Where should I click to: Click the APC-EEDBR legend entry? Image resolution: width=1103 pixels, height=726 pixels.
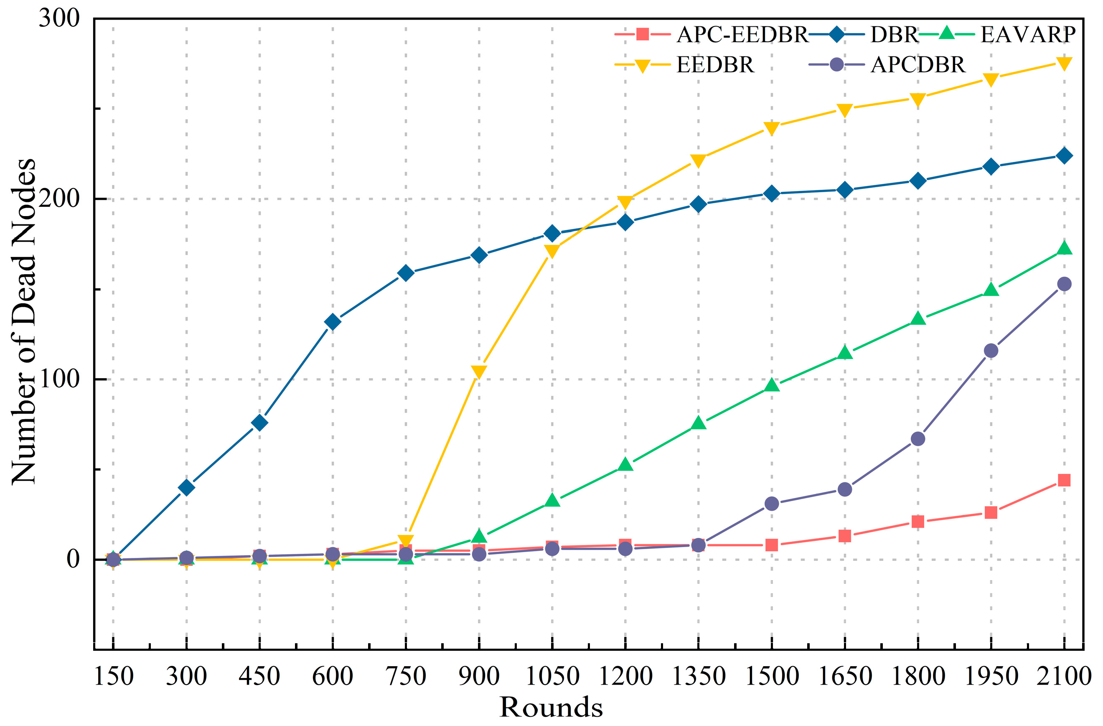[x=742, y=35]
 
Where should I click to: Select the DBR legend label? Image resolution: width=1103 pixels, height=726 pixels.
[x=894, y=35]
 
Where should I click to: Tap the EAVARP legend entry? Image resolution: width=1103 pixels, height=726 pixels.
[x=1027, y=35]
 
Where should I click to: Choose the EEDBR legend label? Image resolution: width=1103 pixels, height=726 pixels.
[x=715, y=65]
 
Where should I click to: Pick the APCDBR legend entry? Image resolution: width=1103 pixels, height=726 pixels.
[x=917, y=65]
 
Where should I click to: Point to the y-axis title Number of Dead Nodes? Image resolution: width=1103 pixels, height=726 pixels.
[x=23, y=322]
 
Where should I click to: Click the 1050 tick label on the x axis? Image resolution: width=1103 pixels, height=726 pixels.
[x=552, y=676]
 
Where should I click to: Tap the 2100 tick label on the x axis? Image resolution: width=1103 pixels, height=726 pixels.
[x=1064, y=676]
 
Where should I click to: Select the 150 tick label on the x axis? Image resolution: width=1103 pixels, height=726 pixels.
[x=114, y=676]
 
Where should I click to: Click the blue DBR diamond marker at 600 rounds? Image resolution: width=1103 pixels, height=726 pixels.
[x=332, y=321]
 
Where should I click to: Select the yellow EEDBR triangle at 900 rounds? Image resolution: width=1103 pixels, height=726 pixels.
[x=479, y=371]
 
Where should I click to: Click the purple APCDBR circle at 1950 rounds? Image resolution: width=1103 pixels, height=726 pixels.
[x=991, y=351]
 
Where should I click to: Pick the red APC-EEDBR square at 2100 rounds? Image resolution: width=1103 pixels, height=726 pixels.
[x=1064, y=480]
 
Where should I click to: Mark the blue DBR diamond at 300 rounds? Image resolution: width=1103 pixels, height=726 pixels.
[x=186, y=487]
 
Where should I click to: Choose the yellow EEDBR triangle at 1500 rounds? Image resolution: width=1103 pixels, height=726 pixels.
[x=772, y=128]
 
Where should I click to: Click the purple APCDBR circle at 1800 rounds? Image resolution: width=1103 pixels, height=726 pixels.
[x=917, y=438]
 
